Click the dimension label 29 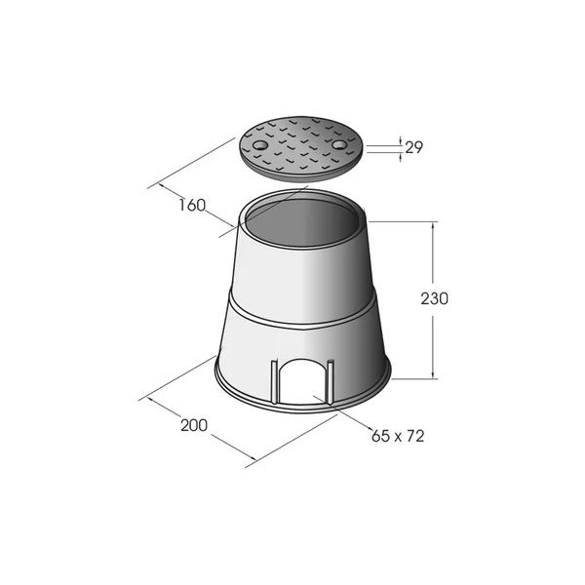[413, 148]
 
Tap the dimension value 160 [192, 205]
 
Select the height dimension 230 [434, 299]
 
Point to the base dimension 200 [194, 425]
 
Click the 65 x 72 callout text [398, 436]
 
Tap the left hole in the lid [258, 144]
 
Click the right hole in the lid [339, 144]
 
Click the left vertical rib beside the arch [274, 381]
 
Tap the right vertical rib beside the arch [330, 381]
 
